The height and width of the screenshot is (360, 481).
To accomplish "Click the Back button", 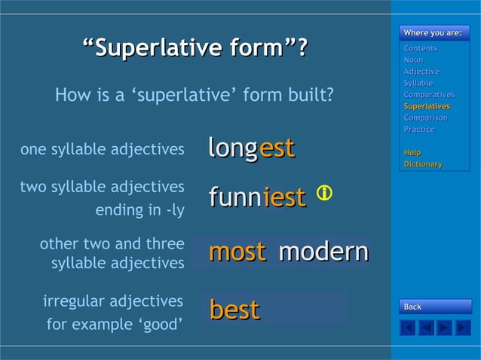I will coord(435,307).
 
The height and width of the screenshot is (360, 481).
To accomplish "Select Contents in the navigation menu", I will coord(420,48).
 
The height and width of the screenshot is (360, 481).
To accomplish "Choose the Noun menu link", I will coord(413,59).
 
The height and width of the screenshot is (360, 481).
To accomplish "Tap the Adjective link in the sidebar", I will coord(421,72).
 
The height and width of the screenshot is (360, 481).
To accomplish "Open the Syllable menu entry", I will coord(418,83).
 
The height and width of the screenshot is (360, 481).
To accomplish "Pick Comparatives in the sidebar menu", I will coord(429,95).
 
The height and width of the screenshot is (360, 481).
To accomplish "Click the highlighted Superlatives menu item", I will coord(427,106).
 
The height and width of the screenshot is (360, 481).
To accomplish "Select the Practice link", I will coord(419,130).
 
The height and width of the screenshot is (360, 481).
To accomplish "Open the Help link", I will coord(412,152).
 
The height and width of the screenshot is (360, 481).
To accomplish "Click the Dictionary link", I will coord(423,163).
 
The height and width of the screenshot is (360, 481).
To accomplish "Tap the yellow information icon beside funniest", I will coord(324,193).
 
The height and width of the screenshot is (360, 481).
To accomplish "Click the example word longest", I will coord(251,148).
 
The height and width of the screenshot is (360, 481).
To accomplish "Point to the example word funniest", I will coord(257,197).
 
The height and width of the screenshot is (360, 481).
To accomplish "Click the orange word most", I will coord(237,252).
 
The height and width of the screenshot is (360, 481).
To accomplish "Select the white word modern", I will coord(323,252).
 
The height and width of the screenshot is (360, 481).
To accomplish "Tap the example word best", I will coord(234,310).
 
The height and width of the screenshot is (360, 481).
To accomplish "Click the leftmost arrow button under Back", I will coord(408,328).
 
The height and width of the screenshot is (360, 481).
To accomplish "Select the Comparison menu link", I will coord(425,117).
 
